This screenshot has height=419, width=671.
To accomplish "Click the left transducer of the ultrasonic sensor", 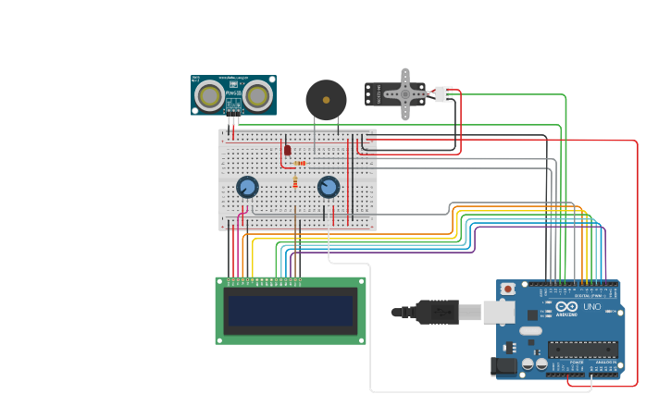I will pyautogui.click(x=211, y=94).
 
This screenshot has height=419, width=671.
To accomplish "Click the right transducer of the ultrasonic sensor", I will pyautogui.click(x=257, y=94).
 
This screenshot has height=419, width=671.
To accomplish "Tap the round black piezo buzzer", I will pyautogui.click(x=326, y=99).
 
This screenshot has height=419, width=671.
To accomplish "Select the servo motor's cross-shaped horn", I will pyautogui.click(x=404, y=93).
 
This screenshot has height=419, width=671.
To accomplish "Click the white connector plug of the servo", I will pyautogui.click(x=444, y=93).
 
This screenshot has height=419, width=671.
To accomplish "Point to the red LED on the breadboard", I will pyautogui.click(x=288, y=149).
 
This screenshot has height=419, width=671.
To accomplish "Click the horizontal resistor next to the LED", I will pyautogui.click(x=300, y=163).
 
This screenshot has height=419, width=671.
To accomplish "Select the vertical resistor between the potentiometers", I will pyautogui.click(x=295, y=182).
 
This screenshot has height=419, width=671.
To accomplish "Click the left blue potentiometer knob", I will pyautogui.click(x=247, y=187).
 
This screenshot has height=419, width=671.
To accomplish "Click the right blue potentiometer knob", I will pyautogui.click(x=329, y=187).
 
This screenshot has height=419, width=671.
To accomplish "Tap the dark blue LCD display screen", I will pyautogui.click(x=291, y=311).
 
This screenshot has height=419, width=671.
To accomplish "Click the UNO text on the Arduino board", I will pyautogui.click(x=591, y=306).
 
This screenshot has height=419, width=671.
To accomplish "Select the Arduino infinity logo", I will pyautogui.click(x=567, y=306).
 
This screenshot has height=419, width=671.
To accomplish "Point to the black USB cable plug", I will pyautogui.click(x=435, y=312).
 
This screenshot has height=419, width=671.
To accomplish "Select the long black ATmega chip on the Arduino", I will pyautogui.click(x=582, y=350).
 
